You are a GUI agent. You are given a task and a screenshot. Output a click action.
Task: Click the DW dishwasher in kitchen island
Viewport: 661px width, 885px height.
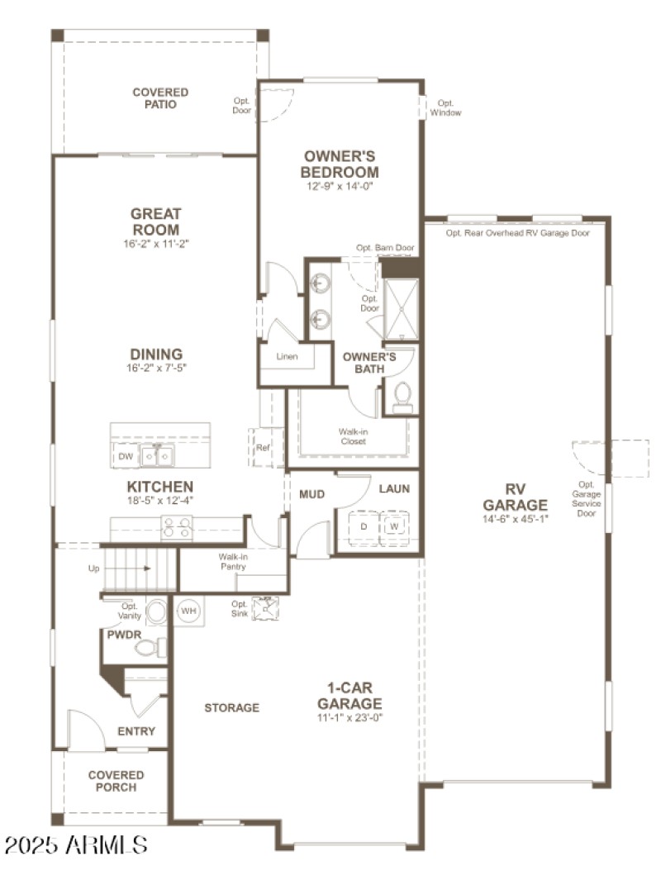[126, 456]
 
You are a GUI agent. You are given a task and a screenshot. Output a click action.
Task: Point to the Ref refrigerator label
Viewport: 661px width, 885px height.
[263, 448]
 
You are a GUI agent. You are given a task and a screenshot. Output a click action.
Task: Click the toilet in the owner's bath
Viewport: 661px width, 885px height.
[402, 397]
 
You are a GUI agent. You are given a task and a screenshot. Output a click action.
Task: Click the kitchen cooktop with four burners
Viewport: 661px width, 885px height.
[176, 526]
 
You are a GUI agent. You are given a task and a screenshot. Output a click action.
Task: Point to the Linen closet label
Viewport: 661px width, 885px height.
[287, 357]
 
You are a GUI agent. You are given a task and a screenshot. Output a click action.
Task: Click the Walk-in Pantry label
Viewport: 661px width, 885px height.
[235, 562]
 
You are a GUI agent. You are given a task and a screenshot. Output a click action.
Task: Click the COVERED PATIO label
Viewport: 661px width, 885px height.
[160, 98]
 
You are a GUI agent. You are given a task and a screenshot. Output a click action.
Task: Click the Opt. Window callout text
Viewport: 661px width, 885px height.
[445, 107]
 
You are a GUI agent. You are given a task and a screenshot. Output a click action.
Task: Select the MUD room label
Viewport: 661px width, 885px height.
[311, 494]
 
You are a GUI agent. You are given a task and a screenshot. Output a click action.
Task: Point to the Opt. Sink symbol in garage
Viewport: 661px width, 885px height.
[266, 609]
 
